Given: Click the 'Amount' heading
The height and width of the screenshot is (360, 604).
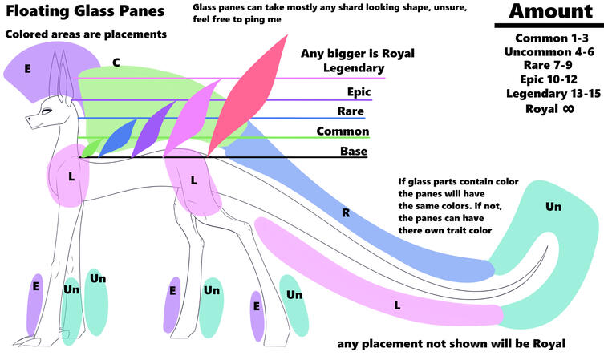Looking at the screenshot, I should (x=549, y=12).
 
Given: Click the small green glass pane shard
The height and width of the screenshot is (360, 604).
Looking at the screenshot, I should (x=91, y=146).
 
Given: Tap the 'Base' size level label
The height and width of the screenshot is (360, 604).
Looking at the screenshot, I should (x=353, y=151).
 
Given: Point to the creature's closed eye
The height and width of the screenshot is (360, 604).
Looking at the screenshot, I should (x=46, y=111).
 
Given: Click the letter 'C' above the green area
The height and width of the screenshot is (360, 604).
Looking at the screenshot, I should (x=116, y=62).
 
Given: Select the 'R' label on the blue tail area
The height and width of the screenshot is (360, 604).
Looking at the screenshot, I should (x=346, y=213).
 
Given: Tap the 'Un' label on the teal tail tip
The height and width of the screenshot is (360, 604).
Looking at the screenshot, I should (x=553, y=207).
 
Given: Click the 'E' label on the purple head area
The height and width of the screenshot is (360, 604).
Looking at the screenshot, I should (x=27, y=69).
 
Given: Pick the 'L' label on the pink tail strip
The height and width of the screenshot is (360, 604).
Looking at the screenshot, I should (x=397, y=305).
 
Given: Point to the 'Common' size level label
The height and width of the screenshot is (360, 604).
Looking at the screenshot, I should (x=343, y=131).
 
